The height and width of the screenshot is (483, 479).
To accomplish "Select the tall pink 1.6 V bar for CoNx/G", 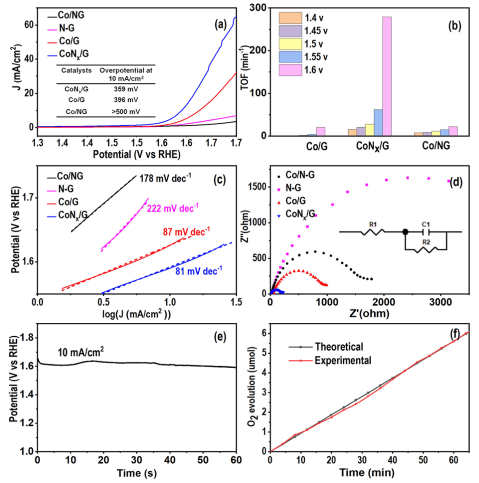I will click(386, 76).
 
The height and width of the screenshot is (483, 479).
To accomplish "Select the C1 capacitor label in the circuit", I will click(426, 224).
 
